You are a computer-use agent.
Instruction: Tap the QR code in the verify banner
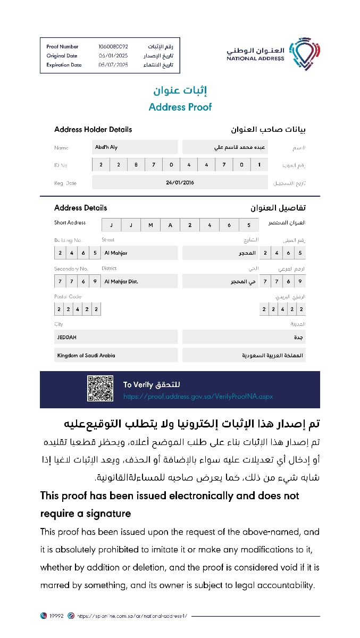(x=101, y=389)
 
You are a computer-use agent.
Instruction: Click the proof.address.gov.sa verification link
(x=198, y=397)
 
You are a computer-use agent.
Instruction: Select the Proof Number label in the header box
(x=62, y=47)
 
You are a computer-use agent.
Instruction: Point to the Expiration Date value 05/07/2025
(x=113, y=65)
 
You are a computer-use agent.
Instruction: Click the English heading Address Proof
(x=180, y=107)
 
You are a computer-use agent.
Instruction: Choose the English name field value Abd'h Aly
(x=106, y=147)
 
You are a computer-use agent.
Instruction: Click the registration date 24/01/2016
(x=180, y=182)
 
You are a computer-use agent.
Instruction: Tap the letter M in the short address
(x=150, y=225)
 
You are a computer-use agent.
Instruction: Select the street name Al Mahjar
(x=116, y=253)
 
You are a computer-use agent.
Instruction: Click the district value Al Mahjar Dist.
(x=121, y=281)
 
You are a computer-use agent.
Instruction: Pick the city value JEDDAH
(x=67, y=337)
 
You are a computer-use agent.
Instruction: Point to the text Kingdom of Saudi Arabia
(x=86, y=355)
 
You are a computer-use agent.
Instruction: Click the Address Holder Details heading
(x=93, y=129)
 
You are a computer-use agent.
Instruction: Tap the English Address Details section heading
(x=80, y=208)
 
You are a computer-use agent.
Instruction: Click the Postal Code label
(x=68, y=297)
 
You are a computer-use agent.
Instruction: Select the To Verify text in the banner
(x=138, y=384)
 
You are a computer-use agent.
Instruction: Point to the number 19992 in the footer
(x=56, y=616)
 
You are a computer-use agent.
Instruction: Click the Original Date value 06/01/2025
(x=113, y=56)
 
